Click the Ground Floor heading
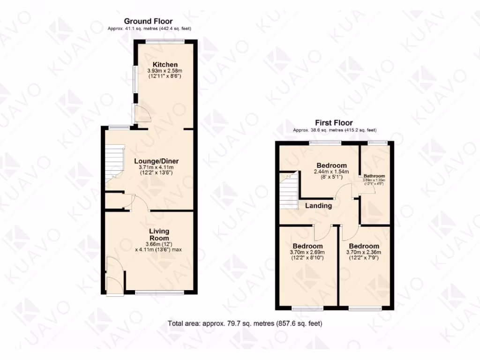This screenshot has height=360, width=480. [x=148, y=21]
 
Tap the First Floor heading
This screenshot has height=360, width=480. [x=334, y=123]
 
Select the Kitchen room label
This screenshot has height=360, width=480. [x=165, y=64]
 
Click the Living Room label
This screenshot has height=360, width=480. [x=159, y=234]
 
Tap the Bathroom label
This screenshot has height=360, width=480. [x=375, y=177]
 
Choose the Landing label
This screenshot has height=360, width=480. [x=319, y=205]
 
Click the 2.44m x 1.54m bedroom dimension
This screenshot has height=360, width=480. [x=331, y=172]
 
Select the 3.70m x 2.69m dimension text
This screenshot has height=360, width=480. [x=307, y=253]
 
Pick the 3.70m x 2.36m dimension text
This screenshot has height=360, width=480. [x=364, y=253]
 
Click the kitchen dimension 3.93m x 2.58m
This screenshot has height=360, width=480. [x=165, y=71]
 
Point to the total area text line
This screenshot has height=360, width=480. [x=245, y=323]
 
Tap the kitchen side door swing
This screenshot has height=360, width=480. [x=140, y=112]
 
